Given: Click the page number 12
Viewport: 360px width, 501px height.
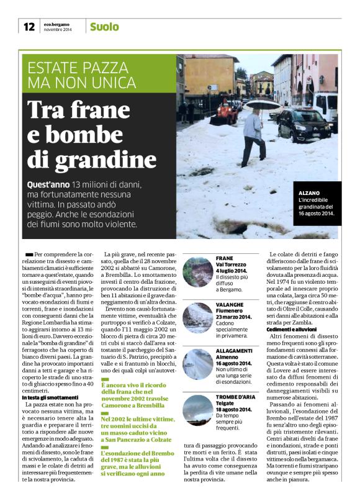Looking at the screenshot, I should point(29,26).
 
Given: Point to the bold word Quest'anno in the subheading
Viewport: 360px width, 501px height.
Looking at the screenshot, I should point(48,186).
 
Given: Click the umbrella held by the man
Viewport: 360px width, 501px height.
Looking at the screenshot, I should point(257,104).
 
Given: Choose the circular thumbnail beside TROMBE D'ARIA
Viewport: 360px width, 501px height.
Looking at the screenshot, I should point(198,410).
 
